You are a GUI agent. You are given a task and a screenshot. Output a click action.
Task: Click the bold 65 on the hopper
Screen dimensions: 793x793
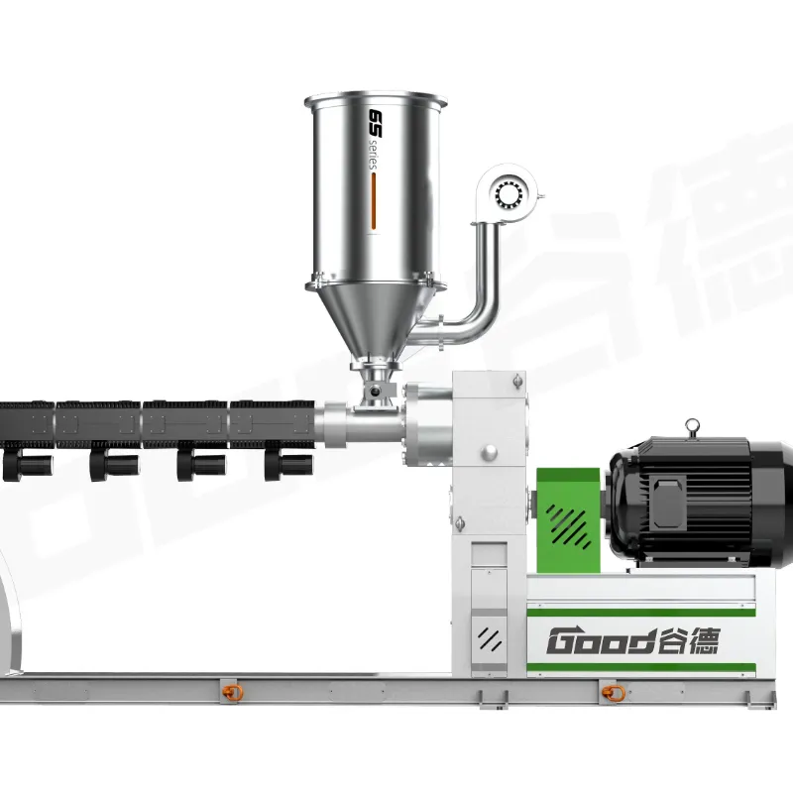click(377, 123)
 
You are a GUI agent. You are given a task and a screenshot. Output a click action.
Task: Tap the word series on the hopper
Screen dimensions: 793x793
click(374, 156)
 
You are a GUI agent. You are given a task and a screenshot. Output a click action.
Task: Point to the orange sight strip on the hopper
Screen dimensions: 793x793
click(375, 201)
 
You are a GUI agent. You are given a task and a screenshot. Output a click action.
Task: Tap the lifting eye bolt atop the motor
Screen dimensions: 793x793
click(691, 428)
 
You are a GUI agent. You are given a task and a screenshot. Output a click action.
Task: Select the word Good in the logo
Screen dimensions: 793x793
click(602, 640)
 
